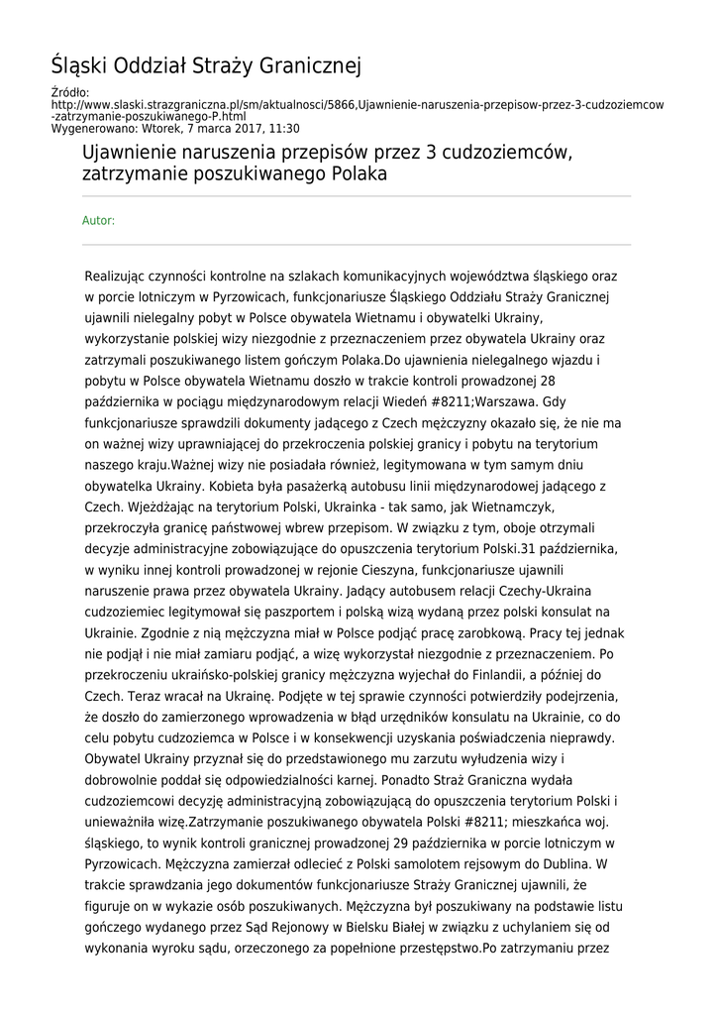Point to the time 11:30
click(x=282, y=128)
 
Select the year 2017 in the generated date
click(x=239, y=128)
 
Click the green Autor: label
click(x=98, y=220)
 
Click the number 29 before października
click(x=449, y=843)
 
